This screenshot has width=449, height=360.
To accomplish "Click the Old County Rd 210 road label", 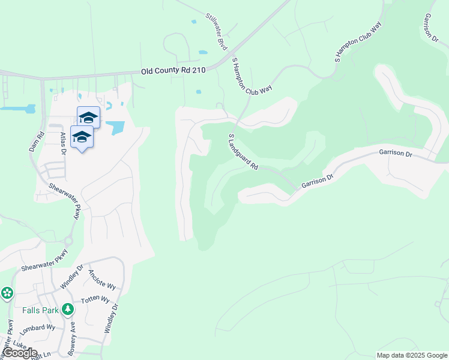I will point(173,71).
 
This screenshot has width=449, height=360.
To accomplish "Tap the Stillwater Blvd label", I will point(217,31).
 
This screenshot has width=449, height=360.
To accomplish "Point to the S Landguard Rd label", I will point(243,151).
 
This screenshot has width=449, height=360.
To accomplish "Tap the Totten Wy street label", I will point(96,299).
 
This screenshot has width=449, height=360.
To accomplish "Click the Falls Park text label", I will point(41,310).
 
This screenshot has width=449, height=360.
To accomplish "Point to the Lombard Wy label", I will point(37,329).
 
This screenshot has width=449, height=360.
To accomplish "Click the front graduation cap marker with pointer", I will point(82,137).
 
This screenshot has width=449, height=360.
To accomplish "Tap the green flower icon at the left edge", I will point(7,293).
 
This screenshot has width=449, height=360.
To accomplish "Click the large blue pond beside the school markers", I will point(115,127).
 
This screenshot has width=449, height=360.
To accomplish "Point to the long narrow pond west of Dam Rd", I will point(17,109).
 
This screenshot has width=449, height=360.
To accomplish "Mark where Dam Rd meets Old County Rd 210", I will point(42,78).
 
